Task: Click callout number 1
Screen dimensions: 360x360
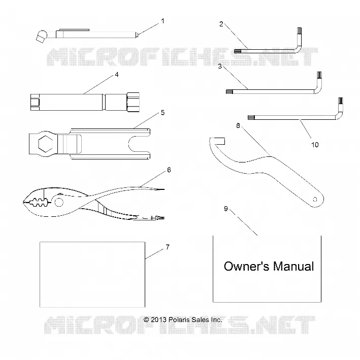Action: point(163,21)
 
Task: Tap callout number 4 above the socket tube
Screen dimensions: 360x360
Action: point(117,75)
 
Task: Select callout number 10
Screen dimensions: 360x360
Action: point(315,145)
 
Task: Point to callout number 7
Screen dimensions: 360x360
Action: point(168,247)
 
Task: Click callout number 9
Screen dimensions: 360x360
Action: point(226,209)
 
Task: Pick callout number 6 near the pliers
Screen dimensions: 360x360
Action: point(169,170)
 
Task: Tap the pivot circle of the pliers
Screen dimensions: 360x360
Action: point(59,202)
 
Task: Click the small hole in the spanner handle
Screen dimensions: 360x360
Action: point(315,199)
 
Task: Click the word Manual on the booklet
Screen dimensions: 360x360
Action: point(293,267)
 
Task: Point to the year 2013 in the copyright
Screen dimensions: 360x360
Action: point(158,319)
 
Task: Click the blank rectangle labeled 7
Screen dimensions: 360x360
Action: point(92,274)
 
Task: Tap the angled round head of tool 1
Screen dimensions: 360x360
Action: point(42,36)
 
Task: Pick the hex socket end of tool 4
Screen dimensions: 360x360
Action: point(133,102)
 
